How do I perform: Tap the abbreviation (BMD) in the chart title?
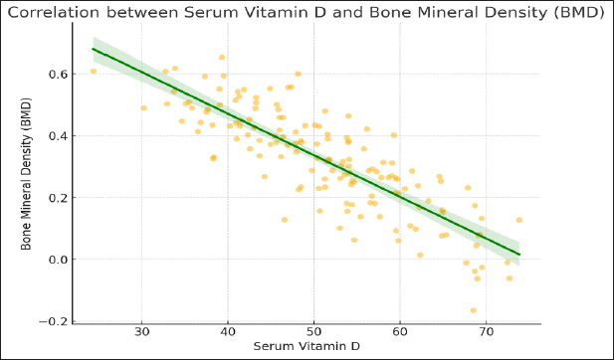tap(579, 13)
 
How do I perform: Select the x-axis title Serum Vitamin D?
tap(307, 346)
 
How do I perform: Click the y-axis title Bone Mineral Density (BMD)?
tap(26, 174)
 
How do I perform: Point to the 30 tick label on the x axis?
tap(141, 332)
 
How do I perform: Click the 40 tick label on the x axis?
tap(228, 332)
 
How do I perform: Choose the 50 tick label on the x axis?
tap(314, 332)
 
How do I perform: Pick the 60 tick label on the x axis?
tap(400, 332)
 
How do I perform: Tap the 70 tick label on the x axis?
tap(486, 332)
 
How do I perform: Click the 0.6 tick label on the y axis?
tap(58, 74)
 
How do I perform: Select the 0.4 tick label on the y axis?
tap(58, 136)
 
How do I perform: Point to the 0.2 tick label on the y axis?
tap(58, 198)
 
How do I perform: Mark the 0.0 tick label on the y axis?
tap(58, 260)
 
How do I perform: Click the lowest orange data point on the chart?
tap(473, 310)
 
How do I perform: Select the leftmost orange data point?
tap(94, 71)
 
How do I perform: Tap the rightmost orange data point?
tap(519, 220)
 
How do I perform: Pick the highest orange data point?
tap(222, 57)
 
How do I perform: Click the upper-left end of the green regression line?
tap(93, 49)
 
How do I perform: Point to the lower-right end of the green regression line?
tap(519, 255)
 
